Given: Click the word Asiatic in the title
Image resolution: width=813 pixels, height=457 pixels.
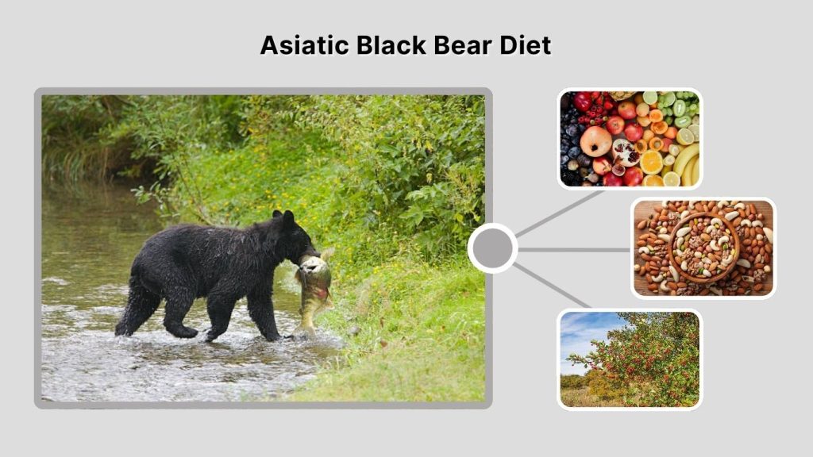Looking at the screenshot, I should click(x=305, y=45).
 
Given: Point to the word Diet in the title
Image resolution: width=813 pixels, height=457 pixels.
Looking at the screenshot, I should click(x=526, y=45).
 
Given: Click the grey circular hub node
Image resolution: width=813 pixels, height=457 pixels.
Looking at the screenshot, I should click(x=492, y=248).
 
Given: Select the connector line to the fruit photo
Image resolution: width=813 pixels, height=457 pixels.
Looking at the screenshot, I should click(x=560, y=213).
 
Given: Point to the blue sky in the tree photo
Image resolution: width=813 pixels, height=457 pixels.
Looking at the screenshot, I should click(x=580, y=329).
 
